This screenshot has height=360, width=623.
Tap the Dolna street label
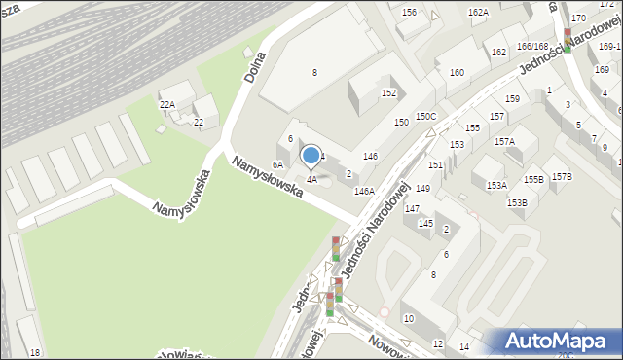tap(256, 64)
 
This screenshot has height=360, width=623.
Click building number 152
tap(388, 93)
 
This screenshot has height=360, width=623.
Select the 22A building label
tap(166, 105)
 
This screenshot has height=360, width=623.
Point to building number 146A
tap(364, 192)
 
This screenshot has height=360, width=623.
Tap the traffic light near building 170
tap(568, 38)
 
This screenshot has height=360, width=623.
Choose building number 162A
tap(478, 13)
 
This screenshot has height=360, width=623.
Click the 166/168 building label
tap(532, 46)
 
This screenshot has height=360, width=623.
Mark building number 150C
tap(425, 117)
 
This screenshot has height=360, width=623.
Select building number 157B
tap(562, 176)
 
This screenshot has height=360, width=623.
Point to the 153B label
tap(516, 202)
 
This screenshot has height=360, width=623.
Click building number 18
tap(35, 352)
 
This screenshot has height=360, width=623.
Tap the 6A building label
tap(277, 165)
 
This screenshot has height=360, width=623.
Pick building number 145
tap(425, 224)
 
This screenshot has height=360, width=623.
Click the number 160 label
tap(456, 73)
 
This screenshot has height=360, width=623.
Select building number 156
tap(409, 13)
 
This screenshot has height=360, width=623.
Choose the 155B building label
tap(532, 179)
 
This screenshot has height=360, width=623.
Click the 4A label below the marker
tap(311, 179)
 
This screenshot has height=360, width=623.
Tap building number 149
tap(422, 189)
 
